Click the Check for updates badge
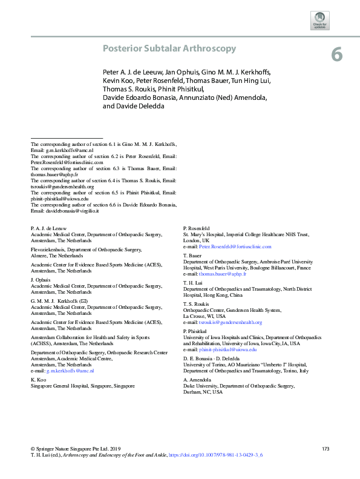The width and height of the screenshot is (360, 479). (x=319, y=20)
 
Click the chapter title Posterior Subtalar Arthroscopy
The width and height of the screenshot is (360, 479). (x=169, y=48)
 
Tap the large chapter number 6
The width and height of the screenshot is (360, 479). (x=337, y=55)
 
